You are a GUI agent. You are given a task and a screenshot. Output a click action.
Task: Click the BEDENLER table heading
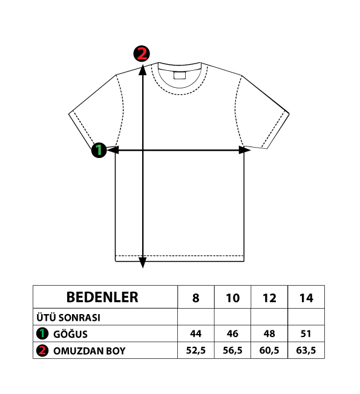click(102, 297)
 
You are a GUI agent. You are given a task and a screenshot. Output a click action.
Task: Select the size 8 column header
click(195, 298)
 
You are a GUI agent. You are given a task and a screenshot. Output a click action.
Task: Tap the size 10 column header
click(232, 298)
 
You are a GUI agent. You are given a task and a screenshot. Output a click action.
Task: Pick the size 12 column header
click(269, 298)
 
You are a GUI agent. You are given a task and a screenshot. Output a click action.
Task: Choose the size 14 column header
click(306, 298)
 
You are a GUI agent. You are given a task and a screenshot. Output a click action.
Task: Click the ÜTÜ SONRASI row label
click(68, 317)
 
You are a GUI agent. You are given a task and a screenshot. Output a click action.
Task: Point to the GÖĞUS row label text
click(70, 334)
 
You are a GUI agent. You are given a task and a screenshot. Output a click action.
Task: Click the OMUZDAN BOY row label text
click(89, 351)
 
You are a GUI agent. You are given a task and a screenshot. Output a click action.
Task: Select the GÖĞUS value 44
click(195, 333)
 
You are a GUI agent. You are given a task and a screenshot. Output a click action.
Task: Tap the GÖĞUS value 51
click(306, 333)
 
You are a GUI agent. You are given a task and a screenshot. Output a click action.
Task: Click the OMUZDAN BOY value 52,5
click(195, 350)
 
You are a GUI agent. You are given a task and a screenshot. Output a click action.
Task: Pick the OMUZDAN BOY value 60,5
click(269, 350)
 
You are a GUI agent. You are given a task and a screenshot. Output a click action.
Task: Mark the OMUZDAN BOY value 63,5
click(306, 350)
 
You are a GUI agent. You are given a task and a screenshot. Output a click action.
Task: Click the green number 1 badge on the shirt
click(99, 150)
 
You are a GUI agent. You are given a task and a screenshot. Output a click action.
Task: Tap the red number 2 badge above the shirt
click(142, 53)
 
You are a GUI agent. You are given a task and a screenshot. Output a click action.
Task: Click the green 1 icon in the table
click(42, 333)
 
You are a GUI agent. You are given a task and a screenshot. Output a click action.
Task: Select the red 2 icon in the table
click(42, 350)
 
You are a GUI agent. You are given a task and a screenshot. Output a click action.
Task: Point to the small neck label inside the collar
click(180, 75)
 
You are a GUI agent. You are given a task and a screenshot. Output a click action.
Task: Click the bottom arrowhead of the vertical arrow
click(143, 263)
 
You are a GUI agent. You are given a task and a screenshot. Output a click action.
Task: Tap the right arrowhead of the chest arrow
click(244, 150)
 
